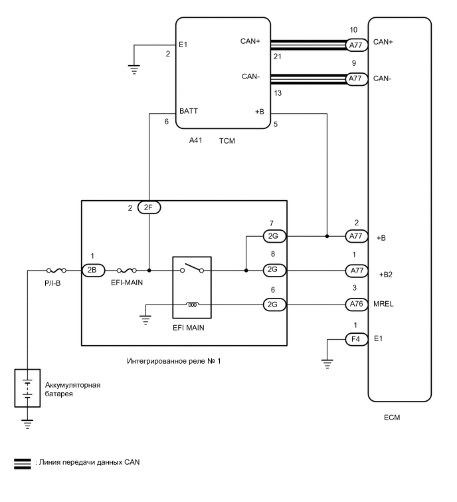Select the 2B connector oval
(91, 271)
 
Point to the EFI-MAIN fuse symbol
(127, 271)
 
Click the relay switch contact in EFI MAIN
(192, 269)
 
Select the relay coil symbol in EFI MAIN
(192, 305)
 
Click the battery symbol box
(27, 387)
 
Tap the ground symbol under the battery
(27, 422)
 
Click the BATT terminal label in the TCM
(189, 111)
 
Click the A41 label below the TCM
(197, 141)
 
